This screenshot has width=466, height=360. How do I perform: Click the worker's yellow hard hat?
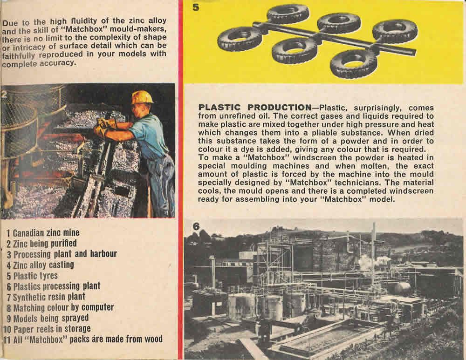click(142, 97)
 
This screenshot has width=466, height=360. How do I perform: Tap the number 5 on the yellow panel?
click(196, 8)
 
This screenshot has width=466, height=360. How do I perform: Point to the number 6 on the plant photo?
click(196, 226)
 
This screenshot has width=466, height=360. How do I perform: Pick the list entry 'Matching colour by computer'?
click(60, 307)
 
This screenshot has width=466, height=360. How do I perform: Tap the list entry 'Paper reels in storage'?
click(48, 328)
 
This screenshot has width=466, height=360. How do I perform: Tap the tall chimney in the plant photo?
click(373, 251)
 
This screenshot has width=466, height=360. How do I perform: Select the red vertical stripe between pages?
click(180, 186)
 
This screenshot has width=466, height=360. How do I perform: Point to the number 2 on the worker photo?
click(4, 94)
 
